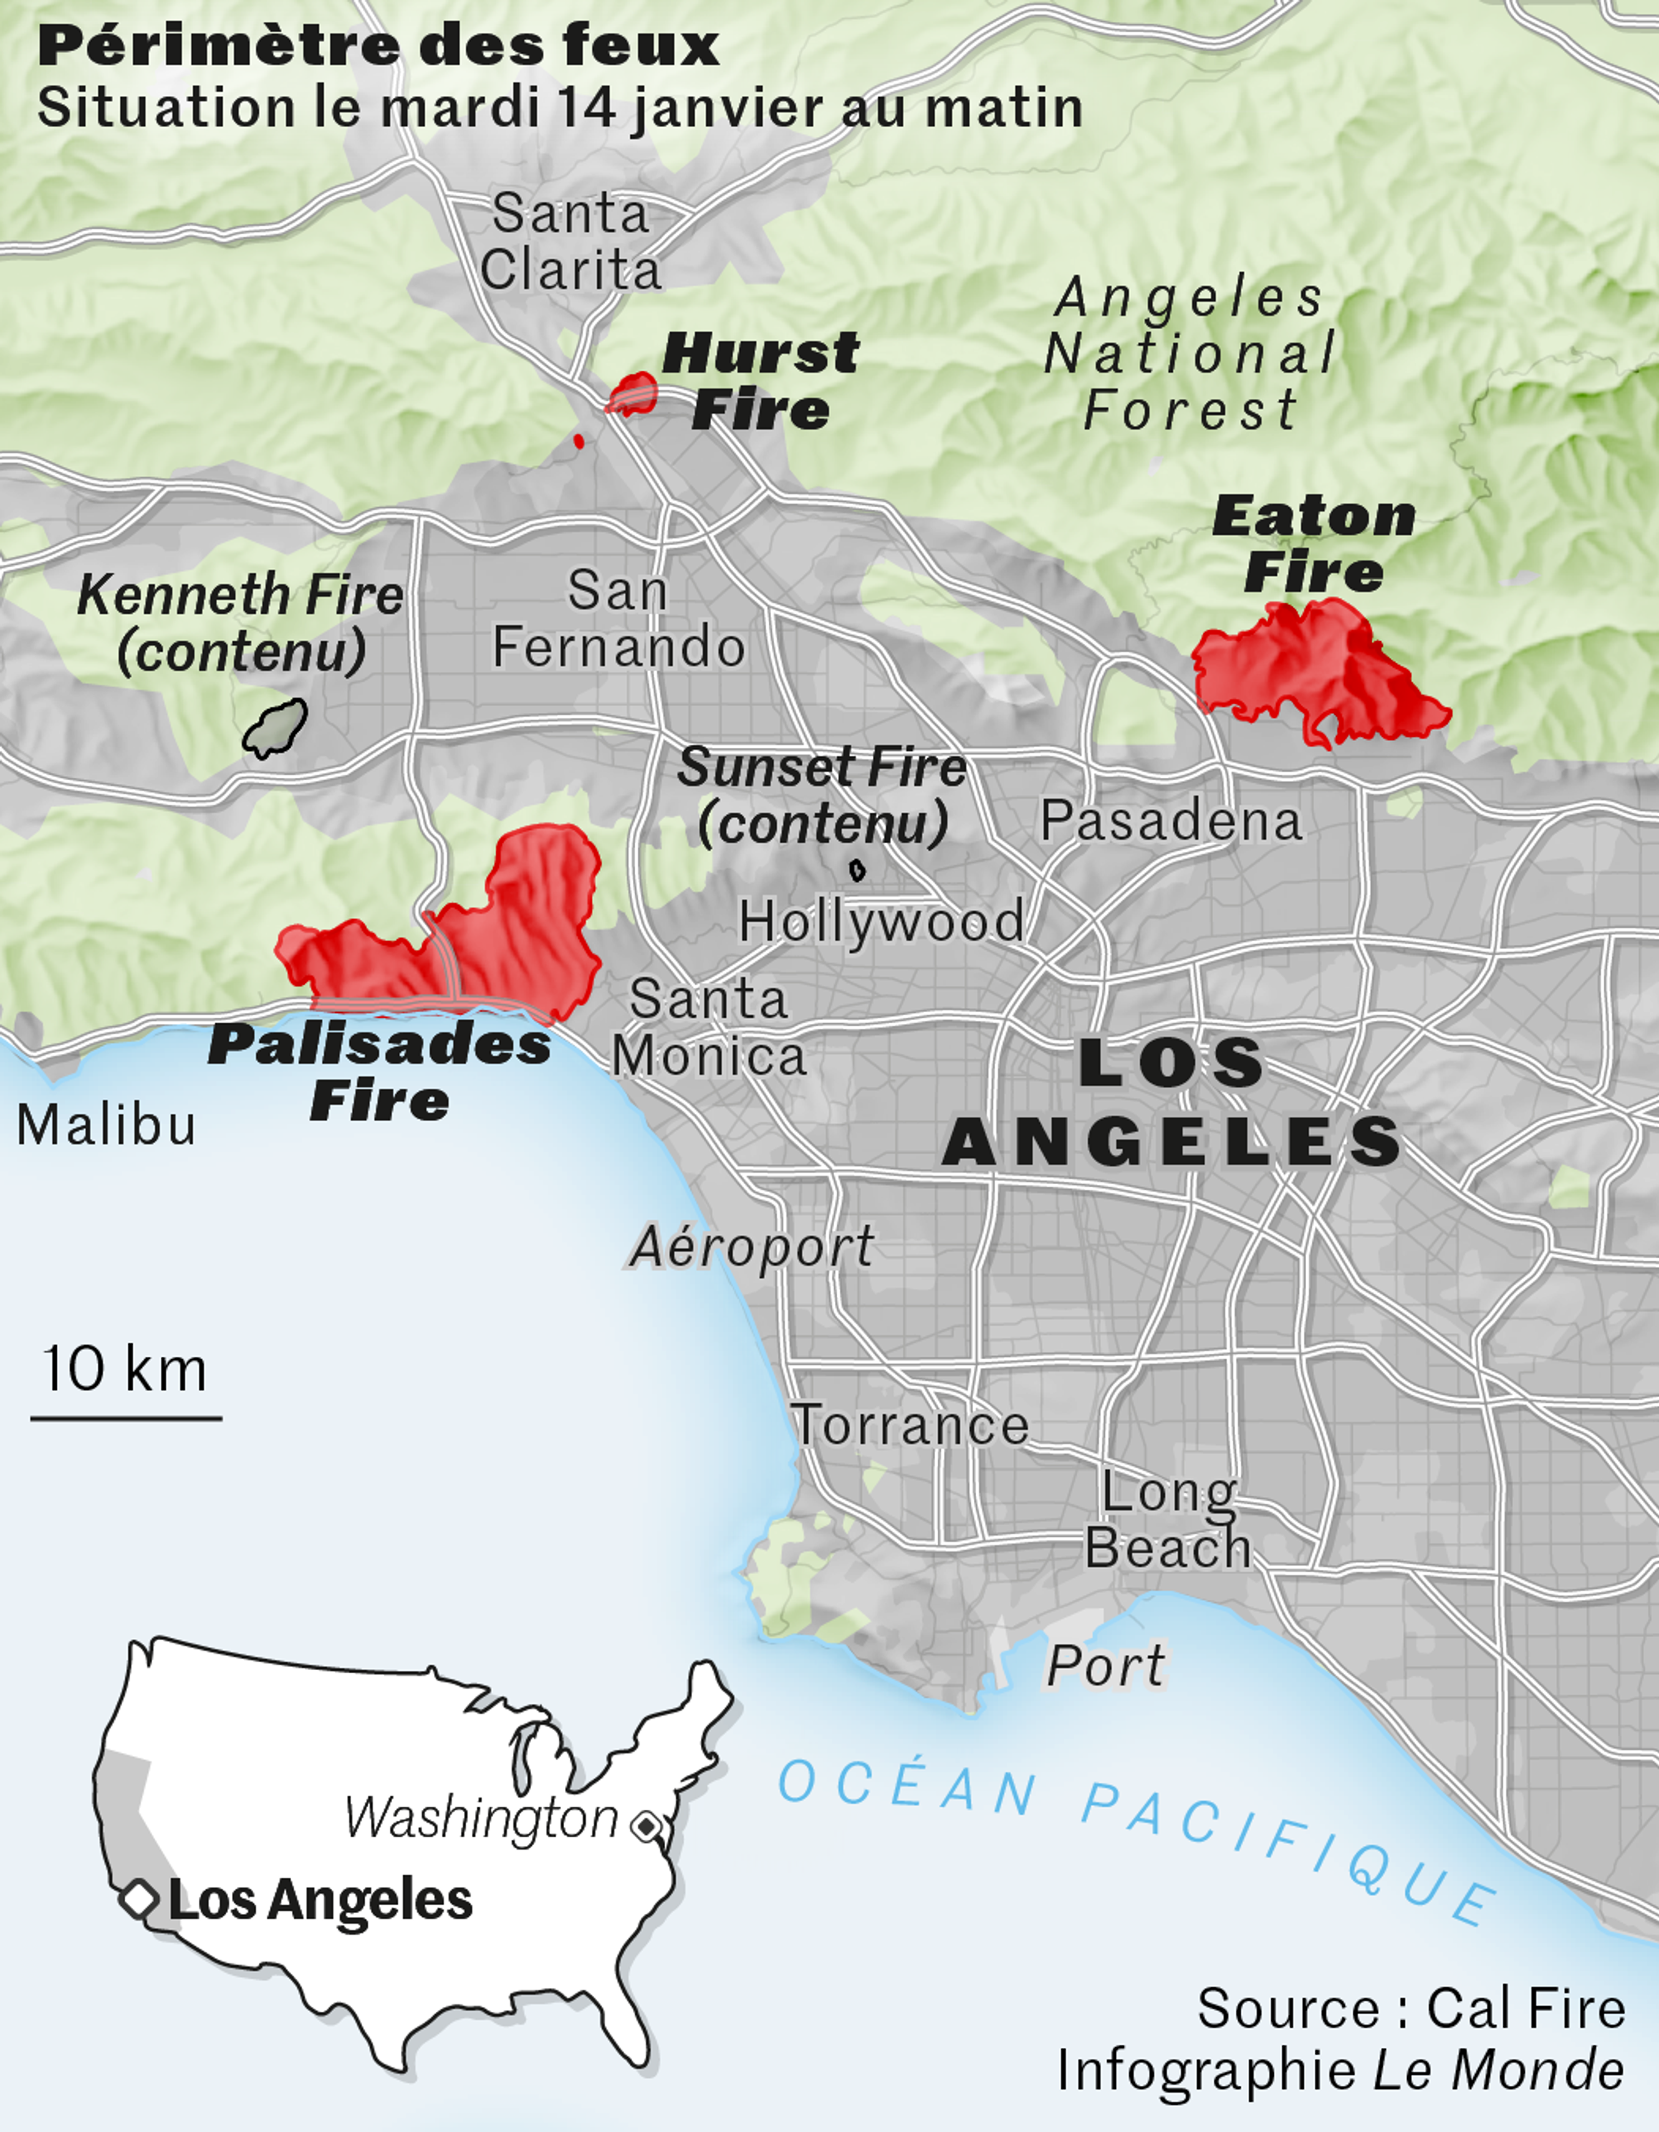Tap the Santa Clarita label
[570, 241]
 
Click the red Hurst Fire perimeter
[633, 393]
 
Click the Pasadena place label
[1171, 821]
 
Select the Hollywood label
[881, 920]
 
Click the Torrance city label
[909, 1426]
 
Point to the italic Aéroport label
[752, 1246]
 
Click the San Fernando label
[618, 619]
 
